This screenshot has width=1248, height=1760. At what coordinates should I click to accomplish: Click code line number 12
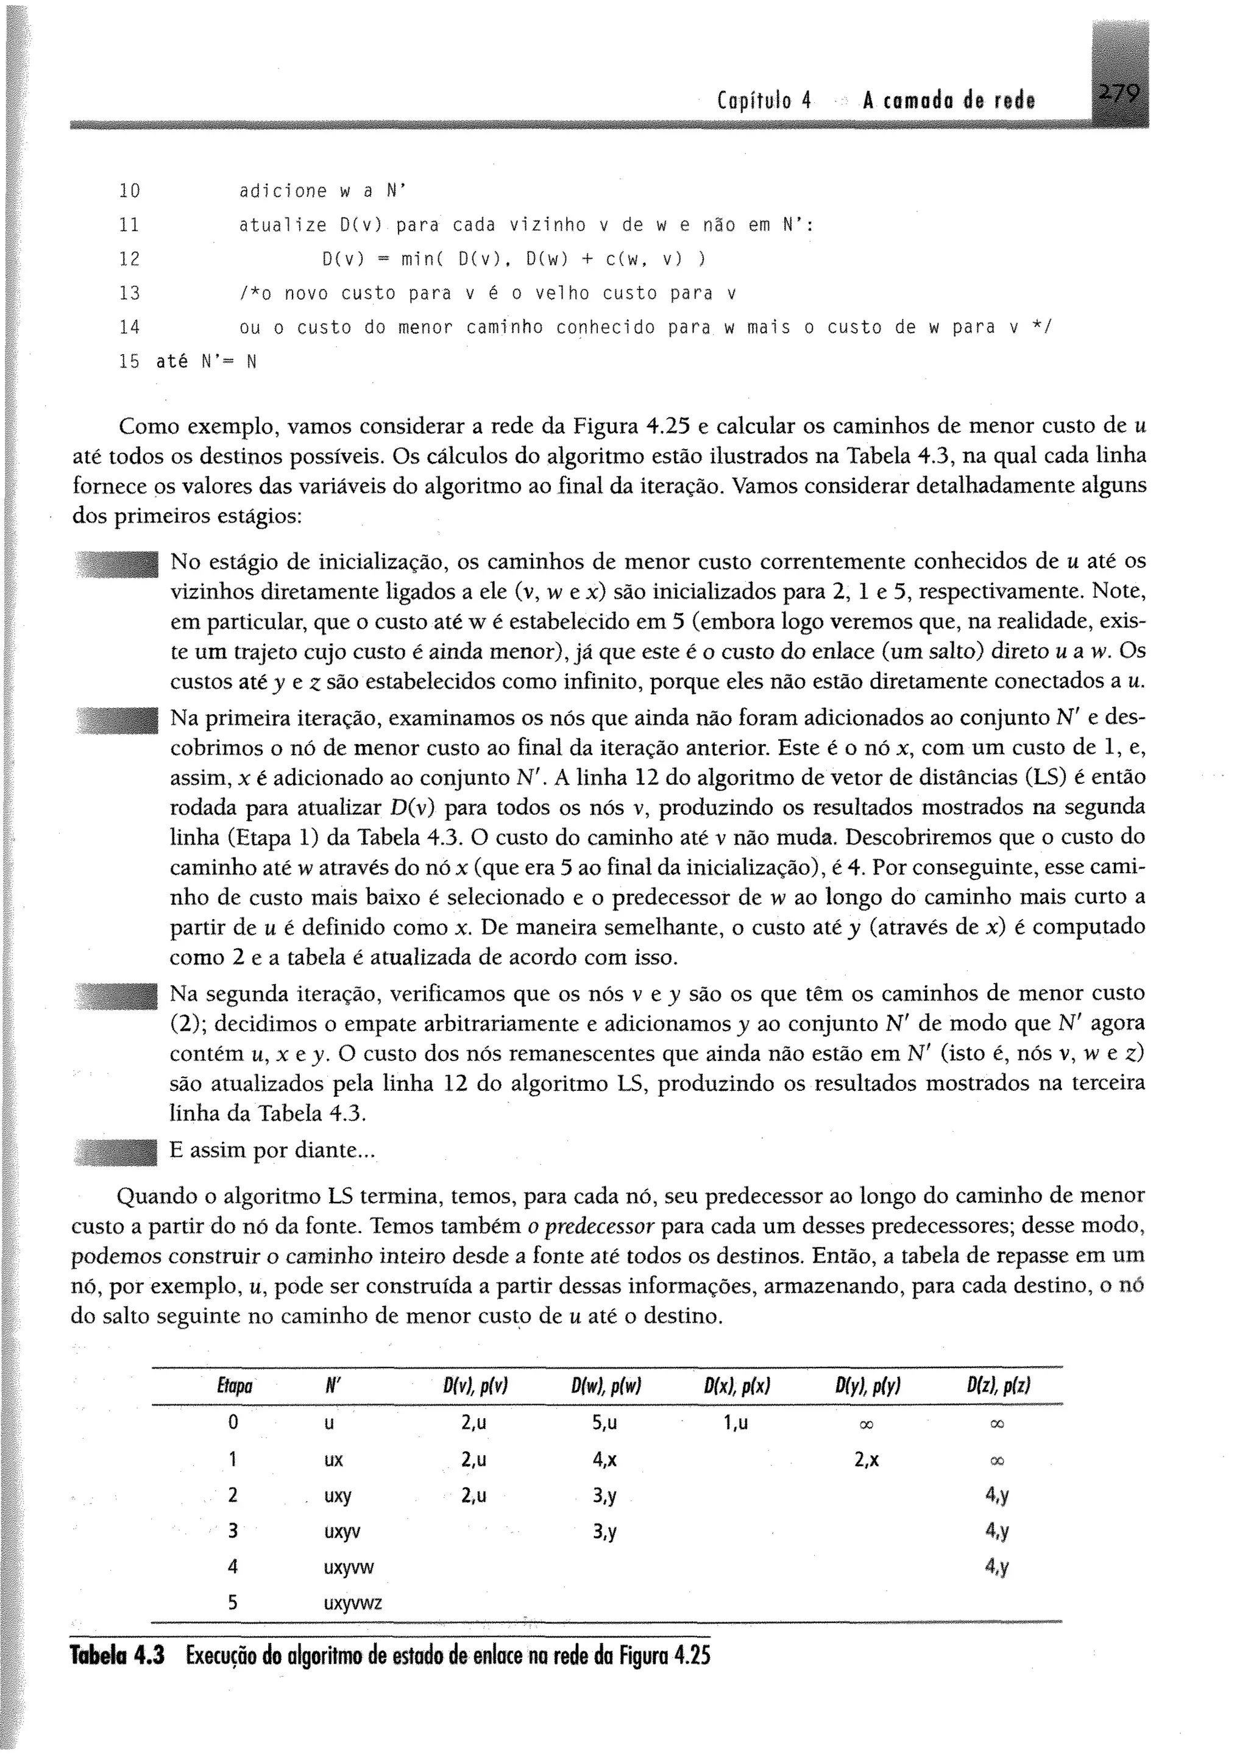(x=129, y=260)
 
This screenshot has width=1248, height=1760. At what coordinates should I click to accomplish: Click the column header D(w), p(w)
(x=606, y=1386)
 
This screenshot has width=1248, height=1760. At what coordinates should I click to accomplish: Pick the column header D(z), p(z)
(x=998, y=1386)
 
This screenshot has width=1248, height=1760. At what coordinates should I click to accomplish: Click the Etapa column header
(x=235, y=1386)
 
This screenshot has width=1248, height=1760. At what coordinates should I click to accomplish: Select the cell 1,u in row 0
(x=736, y=1422)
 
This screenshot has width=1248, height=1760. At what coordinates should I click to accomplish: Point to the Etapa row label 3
(x=233, y=1531)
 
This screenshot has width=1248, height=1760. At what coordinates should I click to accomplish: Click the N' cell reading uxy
(x=338, y=1496)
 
